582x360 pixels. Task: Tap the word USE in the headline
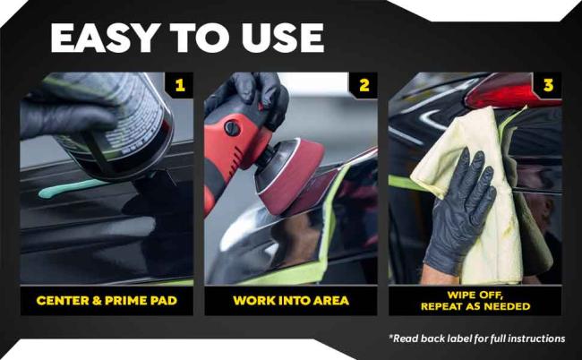point(283,39)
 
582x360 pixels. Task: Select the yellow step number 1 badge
point(180,86)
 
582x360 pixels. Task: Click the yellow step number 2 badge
point(364,86)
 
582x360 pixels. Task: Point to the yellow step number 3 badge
point(548,86)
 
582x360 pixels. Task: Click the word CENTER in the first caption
point(63,300)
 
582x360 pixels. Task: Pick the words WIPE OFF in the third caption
point(475,296)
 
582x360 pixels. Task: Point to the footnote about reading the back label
point(477,339)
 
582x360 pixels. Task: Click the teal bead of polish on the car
point(71,188)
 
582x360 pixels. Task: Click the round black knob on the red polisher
point(233,128)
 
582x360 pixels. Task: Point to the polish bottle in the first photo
point(111,123)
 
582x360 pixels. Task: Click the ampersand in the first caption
point(97,300)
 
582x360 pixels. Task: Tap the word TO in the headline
point(199,39)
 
